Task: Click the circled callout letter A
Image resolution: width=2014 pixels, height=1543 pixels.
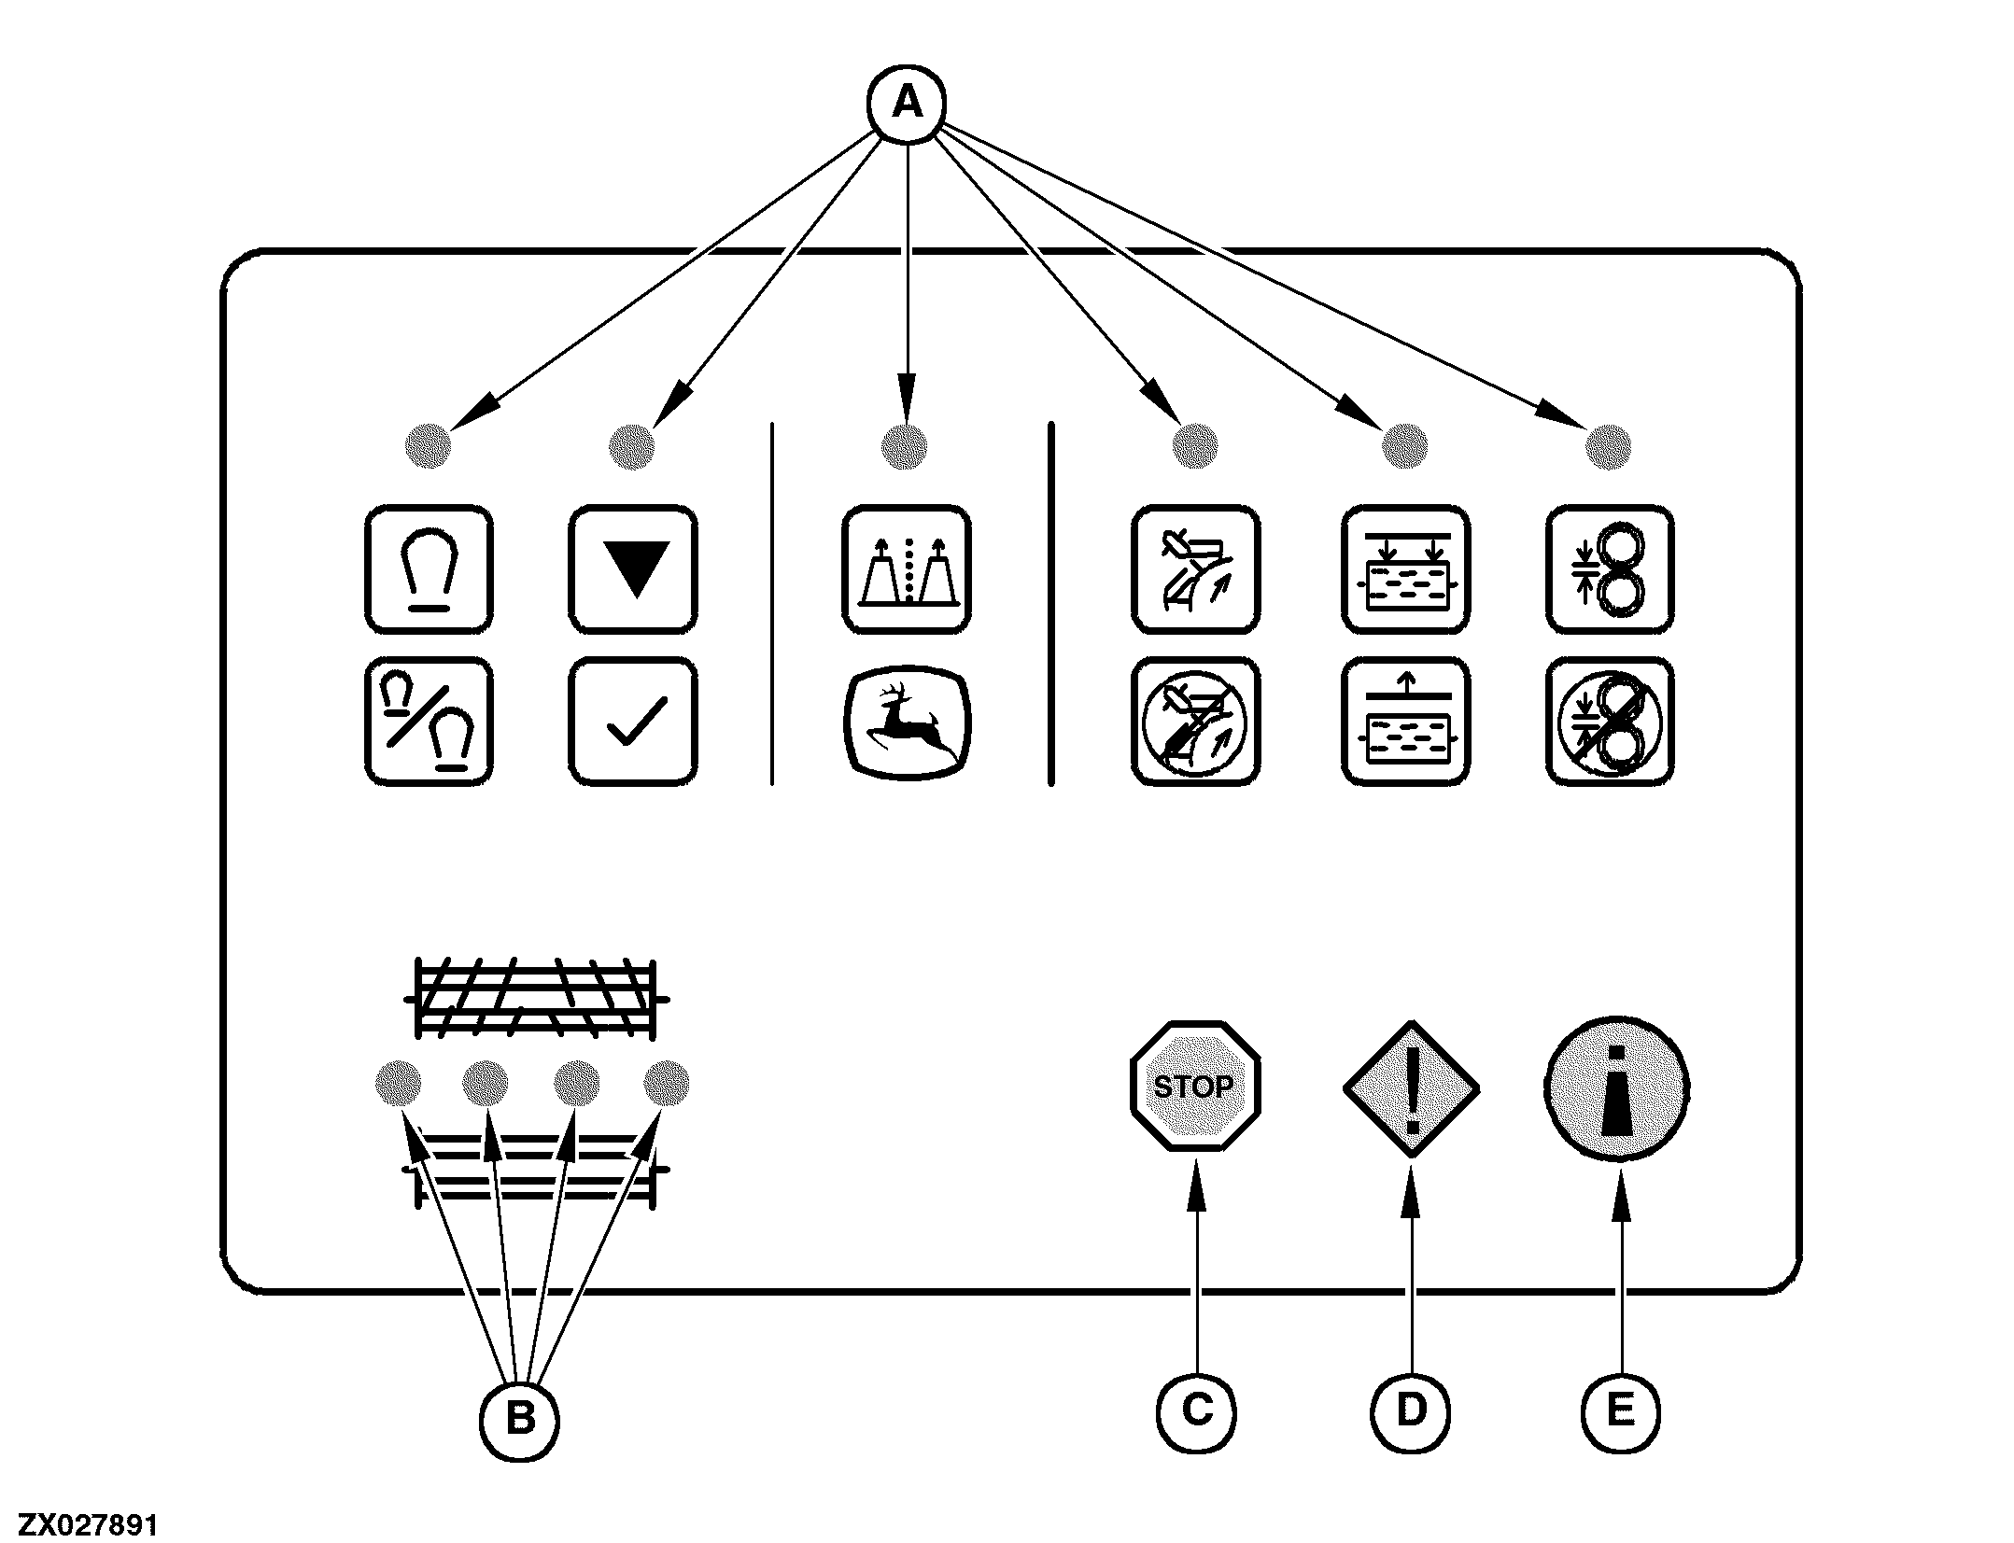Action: pyautogui.click(x=907, y=105)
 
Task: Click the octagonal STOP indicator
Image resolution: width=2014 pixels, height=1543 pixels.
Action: pyautogui.click(x=1194, y=1086)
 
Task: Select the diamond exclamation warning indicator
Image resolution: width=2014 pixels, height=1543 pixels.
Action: pyautogui.click(x=1411, y=1088)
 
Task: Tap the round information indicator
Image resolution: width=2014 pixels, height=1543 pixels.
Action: pyautogui.click(x=1617, y=1088)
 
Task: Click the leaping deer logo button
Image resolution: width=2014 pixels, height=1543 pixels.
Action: pyautogui.click(x=907, y=722)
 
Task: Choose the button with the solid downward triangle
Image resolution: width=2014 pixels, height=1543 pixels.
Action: pyautogui.click(x=633, y=568)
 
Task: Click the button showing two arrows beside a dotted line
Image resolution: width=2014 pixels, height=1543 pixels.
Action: pyautogui.click(x=907, y=568)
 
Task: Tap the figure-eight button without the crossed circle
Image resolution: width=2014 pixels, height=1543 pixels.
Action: pyautogui.click(x=1610, y=568)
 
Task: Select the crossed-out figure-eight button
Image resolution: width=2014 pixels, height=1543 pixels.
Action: pyautogui.click(x=1610, y=722)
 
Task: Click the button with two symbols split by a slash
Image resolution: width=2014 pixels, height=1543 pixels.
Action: pyautogui.click(x=428, y=722)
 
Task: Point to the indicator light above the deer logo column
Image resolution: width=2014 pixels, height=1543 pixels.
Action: pyautogui.click(x=904, y=446)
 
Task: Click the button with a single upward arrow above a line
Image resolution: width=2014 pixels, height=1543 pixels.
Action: pyautogui.click(x=1405, y=722)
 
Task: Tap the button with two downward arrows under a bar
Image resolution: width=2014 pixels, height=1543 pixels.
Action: pyautogui.click(x=1405, y=568)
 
